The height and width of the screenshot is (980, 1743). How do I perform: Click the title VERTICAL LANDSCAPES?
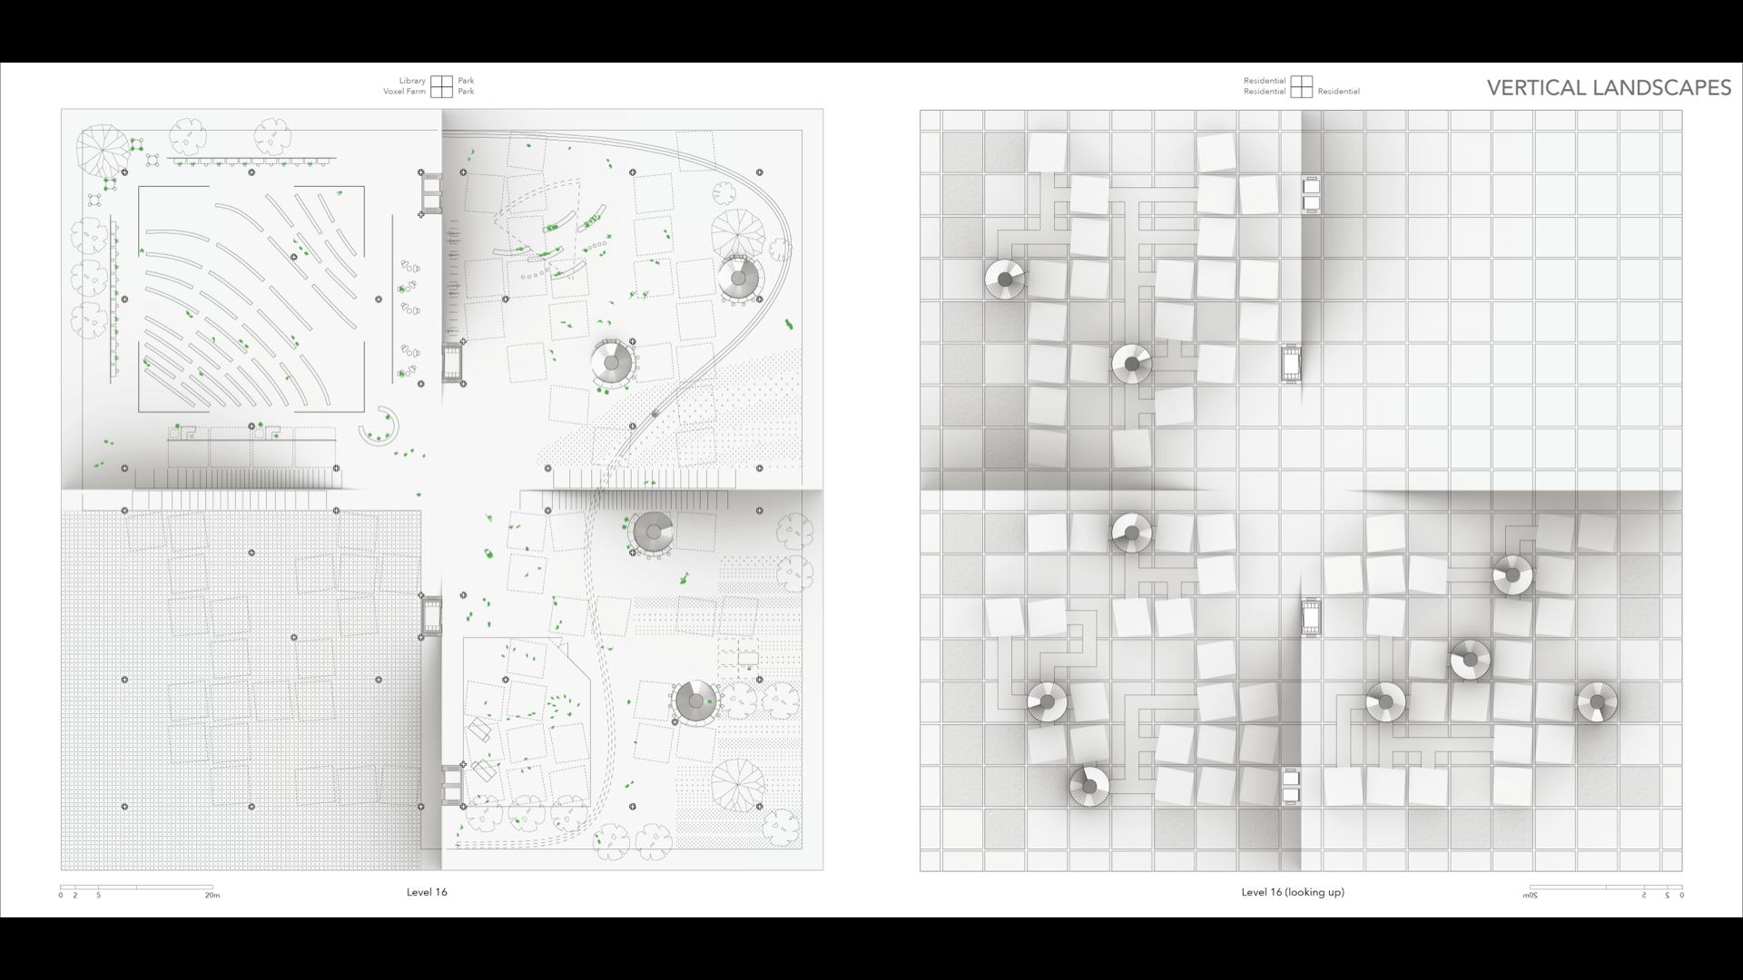tap(1609, 87)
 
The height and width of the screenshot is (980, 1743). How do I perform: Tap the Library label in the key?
tap(412, 81)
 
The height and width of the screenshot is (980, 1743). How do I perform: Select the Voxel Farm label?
tap(404, 92)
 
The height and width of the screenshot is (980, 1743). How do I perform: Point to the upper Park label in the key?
tap(466, 81)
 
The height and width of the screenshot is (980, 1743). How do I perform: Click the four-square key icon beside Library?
tap(441, 86)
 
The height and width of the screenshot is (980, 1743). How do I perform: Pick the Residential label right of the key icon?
tap(1339, 92)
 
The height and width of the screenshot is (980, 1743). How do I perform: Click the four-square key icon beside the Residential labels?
tap(1302, 86)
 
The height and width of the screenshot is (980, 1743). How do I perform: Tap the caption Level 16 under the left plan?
tap(427, 892)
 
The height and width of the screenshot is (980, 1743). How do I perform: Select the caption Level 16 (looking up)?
tap(1293, 892)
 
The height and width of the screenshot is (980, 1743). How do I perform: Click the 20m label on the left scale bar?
tap(212, 895)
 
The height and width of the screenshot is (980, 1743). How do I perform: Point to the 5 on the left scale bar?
tap(99, 895)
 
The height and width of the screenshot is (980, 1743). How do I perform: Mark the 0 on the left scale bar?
tap(61, 895)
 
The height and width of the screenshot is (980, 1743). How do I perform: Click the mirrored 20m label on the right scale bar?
tap(1530, 895)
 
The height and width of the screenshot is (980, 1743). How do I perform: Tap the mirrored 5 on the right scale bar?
tap(1644, 895)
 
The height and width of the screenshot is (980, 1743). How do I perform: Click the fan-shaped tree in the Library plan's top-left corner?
tap(102, 149)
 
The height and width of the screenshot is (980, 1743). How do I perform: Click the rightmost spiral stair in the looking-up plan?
tap(1597, 702)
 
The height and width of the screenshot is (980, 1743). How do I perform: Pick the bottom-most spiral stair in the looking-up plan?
tap(1088, 786)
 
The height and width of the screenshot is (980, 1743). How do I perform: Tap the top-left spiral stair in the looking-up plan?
tap(1005, 279)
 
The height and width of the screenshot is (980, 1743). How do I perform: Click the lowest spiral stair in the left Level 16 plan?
tap(696, 701)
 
